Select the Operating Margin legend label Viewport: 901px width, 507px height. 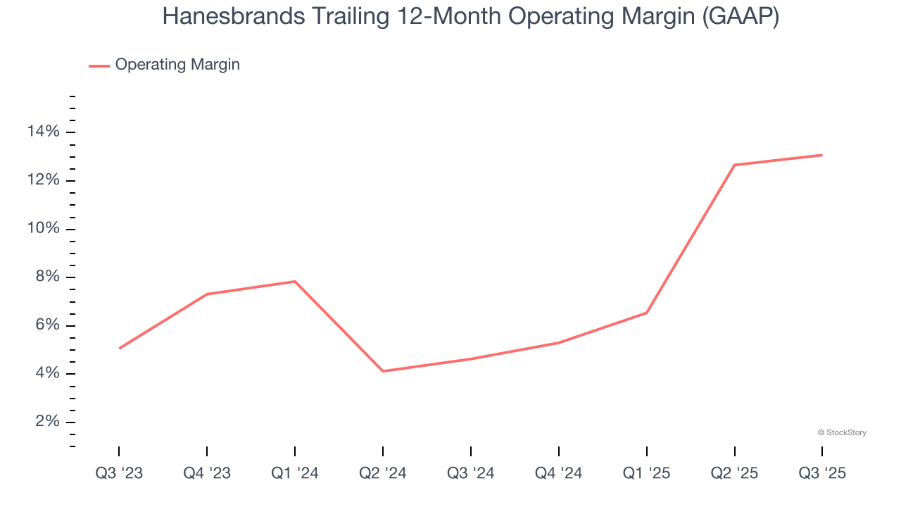(x=177, y=65)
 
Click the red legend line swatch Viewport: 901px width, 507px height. (x=99, y=65)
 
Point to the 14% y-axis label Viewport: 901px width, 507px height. (x=44, y=132)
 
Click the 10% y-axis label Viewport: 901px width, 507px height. (x=44, y=229)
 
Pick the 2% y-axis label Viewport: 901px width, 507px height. (x=48, y=422)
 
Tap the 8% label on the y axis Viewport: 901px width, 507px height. (x=48, y=277)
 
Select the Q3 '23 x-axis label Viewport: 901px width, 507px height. (x=119, y=473)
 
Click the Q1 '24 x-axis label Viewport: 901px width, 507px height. (x=295, y=473)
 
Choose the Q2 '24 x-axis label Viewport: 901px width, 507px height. (x=383, y=473)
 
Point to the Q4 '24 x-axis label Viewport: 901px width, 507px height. (x=559, y=473)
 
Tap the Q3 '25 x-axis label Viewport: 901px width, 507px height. (x=822, y=473)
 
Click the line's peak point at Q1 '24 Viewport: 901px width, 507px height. (x=295, y=282)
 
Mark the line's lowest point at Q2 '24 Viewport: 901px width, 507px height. (x=383, y=371)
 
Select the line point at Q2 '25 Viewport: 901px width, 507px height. (x=734, y=165)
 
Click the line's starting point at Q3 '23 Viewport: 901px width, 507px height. (x=119, y=349)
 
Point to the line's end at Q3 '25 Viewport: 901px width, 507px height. (x=822, y=155)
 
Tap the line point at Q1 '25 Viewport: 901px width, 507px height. (x=647, y=313)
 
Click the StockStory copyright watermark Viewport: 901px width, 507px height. (x=842, y=432)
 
